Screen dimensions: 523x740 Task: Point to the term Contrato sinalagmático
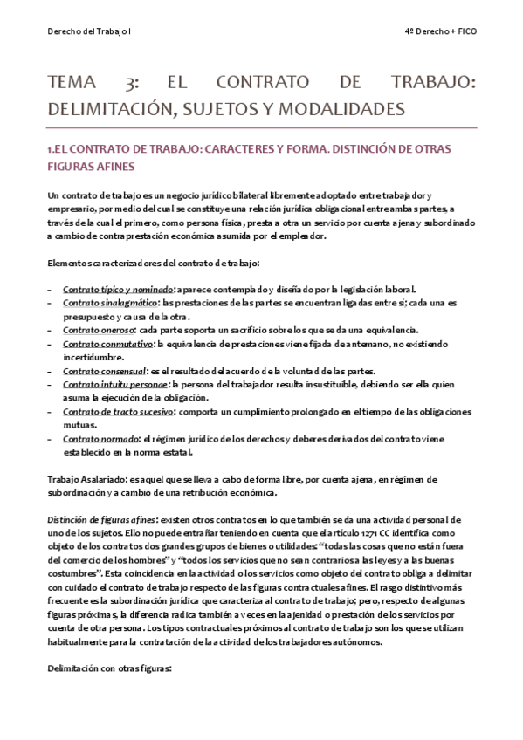click(104, 303)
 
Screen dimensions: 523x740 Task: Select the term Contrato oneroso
click(98, 330)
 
